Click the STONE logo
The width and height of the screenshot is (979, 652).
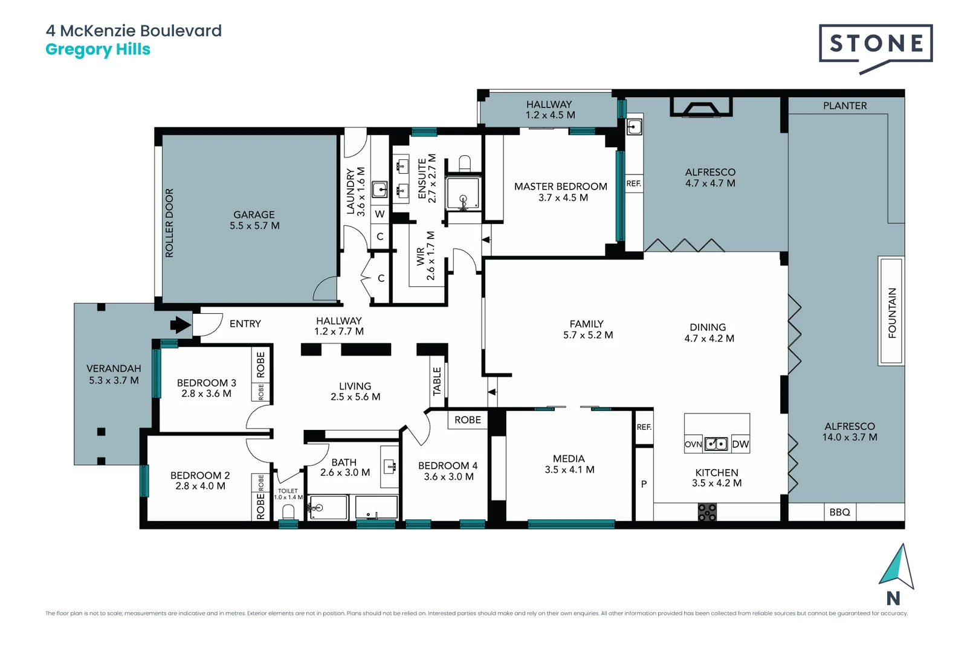pos(876,44)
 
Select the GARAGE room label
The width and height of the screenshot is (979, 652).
pos(254,215)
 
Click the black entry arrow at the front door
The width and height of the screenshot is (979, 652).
pos(180,325)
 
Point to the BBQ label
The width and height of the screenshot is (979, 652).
pos(839,512)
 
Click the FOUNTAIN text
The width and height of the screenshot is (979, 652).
pos(892,312)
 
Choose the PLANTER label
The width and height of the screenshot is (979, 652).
pos(844,106)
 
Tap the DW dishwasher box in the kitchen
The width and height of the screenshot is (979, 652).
pos(740,444)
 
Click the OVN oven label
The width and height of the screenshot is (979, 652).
pos(693,444)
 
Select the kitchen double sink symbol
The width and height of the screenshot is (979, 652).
pos(716,444)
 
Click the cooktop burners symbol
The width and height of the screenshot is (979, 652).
pos(707,513)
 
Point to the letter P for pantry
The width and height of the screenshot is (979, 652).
pos(644,484)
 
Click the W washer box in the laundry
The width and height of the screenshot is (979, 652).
pos(380,214)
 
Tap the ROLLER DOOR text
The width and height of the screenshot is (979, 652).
pos(169,223)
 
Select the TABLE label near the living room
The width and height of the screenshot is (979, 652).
pos(437,381)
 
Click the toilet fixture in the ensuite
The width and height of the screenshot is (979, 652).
pos(464,163)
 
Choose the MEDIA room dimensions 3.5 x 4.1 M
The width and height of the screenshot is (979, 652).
pos(569,470)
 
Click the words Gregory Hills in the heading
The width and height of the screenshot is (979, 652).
pos(98,50)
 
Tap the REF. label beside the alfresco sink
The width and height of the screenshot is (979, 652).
pos(633,184)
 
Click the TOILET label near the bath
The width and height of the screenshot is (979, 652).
pos(288,491)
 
